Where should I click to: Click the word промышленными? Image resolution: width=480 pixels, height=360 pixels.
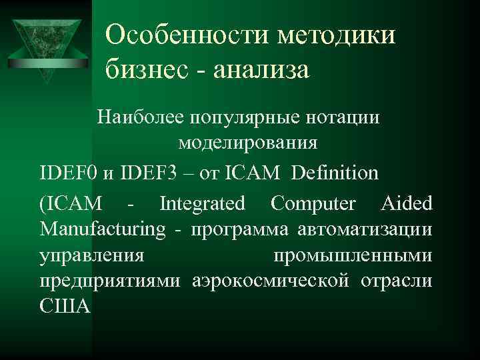(x=353, y=256)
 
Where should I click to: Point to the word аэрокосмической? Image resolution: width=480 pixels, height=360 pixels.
(x=271, y=282)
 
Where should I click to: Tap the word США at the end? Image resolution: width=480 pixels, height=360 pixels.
(x=65, y=309)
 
